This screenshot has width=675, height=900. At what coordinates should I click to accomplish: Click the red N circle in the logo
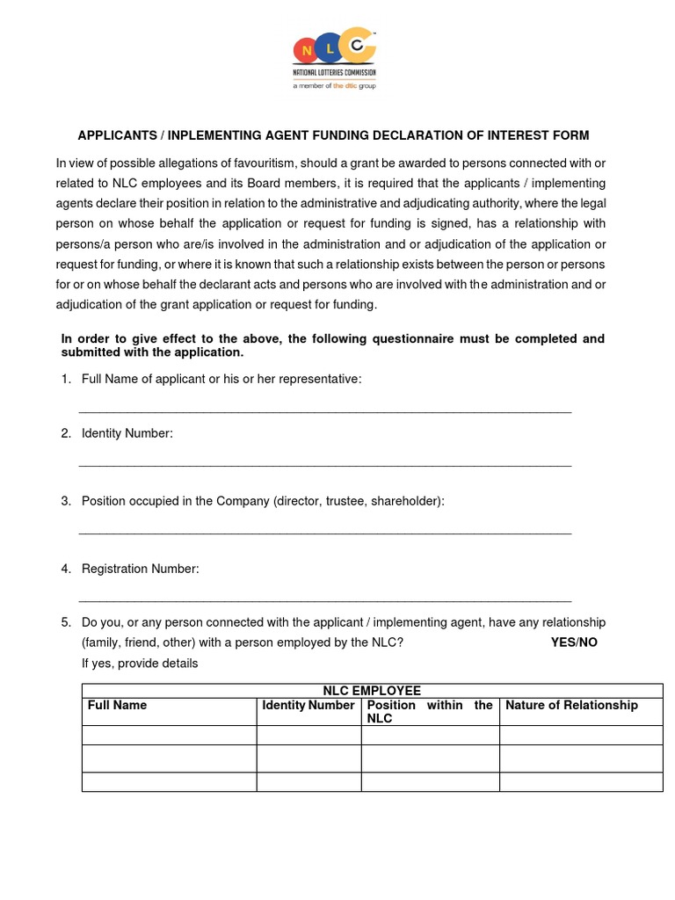pos(305,50)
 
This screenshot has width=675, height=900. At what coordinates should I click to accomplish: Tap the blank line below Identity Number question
pos(325,463)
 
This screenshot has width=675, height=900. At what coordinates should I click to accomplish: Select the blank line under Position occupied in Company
pos(325,531)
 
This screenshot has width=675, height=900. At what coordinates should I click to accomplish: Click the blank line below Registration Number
pos(325,599)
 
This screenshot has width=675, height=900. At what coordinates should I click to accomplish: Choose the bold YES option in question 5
pos(562,642)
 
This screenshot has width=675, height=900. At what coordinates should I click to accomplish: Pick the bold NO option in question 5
pos(588,642)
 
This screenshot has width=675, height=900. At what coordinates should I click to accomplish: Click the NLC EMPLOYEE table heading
pos(372,691)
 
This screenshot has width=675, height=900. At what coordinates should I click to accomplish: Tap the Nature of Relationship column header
pos(571,706)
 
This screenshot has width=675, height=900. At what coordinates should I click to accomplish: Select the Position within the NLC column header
pos(430,712)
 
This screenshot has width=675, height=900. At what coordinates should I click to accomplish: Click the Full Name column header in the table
pos(117,706)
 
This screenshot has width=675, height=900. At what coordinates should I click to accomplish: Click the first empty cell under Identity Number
pos(308,736)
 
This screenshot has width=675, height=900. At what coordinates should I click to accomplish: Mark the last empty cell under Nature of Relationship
pos(581,781)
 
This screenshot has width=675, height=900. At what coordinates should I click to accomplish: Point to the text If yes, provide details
pos(140,664)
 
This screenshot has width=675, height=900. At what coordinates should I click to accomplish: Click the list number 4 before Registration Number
pos(66,569)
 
